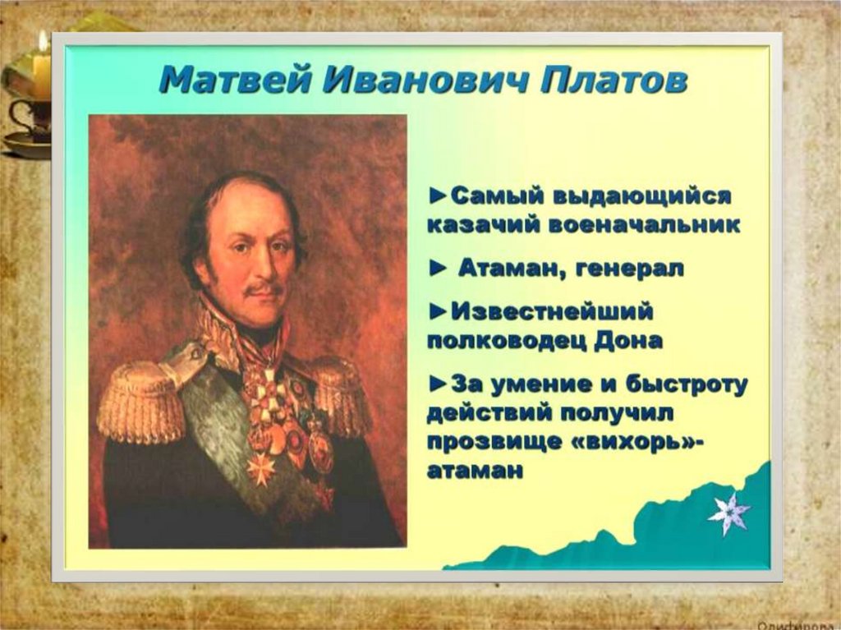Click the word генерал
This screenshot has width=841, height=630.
coord(629,269)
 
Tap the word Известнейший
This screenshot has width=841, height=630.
coord(552,312)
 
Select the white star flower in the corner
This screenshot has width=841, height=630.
coord(729,513)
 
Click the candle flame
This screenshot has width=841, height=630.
coord(43,42)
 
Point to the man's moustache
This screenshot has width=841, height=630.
coord(262,291)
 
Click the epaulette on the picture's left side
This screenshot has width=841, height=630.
coord(140,401)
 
